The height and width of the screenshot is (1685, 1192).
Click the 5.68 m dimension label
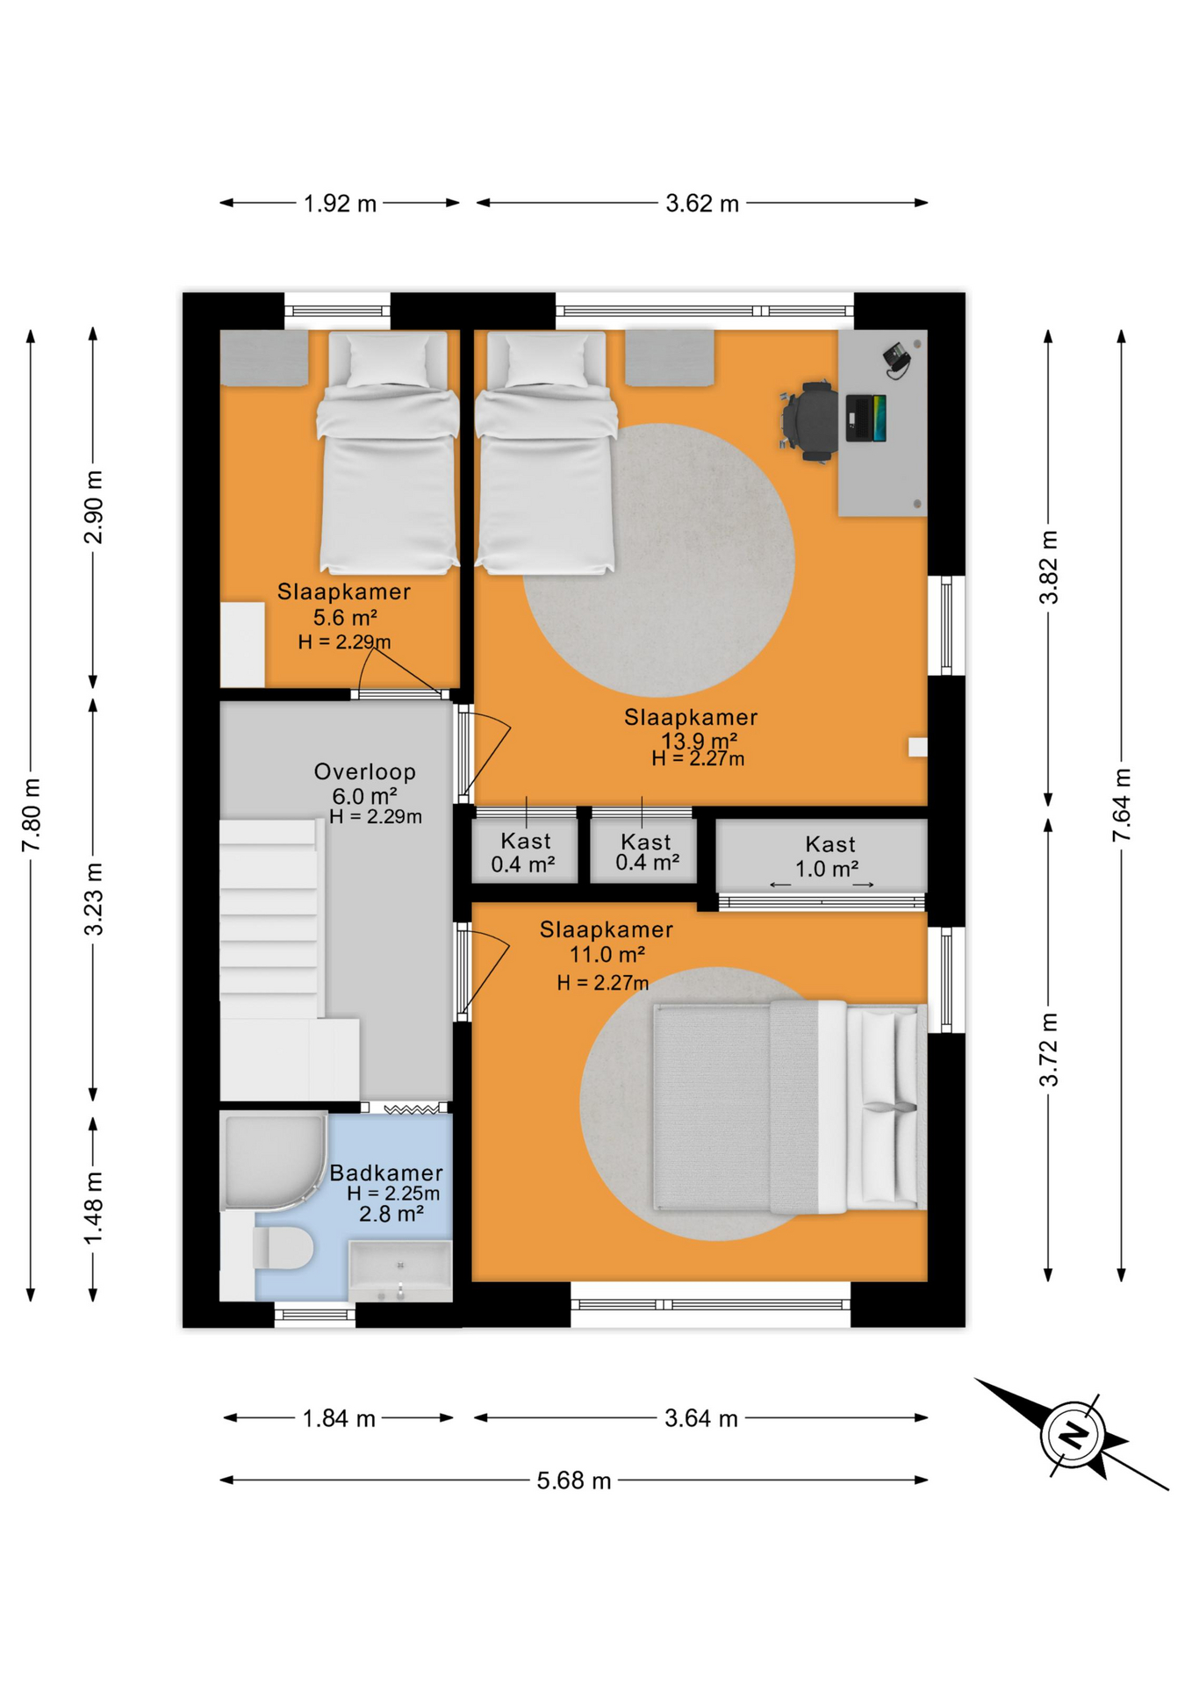point(573,1481)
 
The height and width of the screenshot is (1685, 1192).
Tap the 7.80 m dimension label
point(32,814)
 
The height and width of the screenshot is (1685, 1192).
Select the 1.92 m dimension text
point(340,204)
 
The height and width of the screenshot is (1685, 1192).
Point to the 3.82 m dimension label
point(1049,567)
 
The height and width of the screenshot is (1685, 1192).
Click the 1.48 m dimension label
point(94,1208)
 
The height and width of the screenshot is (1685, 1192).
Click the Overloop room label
point(364,772)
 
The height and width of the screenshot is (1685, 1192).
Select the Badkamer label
point(386,1172)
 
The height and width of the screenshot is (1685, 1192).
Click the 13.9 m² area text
point(699,740)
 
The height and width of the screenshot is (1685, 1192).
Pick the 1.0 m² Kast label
point(827,869)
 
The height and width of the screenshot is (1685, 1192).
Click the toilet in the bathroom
point(283,1247)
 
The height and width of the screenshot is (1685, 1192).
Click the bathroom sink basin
point(400,1271)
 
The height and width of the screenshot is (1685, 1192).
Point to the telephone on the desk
point(897,360)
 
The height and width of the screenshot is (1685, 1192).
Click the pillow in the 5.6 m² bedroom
point(387,360)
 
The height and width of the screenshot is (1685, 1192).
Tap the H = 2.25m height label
point(392,1194)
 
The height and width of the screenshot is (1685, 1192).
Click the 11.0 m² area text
point(607,955)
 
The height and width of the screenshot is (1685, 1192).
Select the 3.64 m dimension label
point(700,1418)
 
